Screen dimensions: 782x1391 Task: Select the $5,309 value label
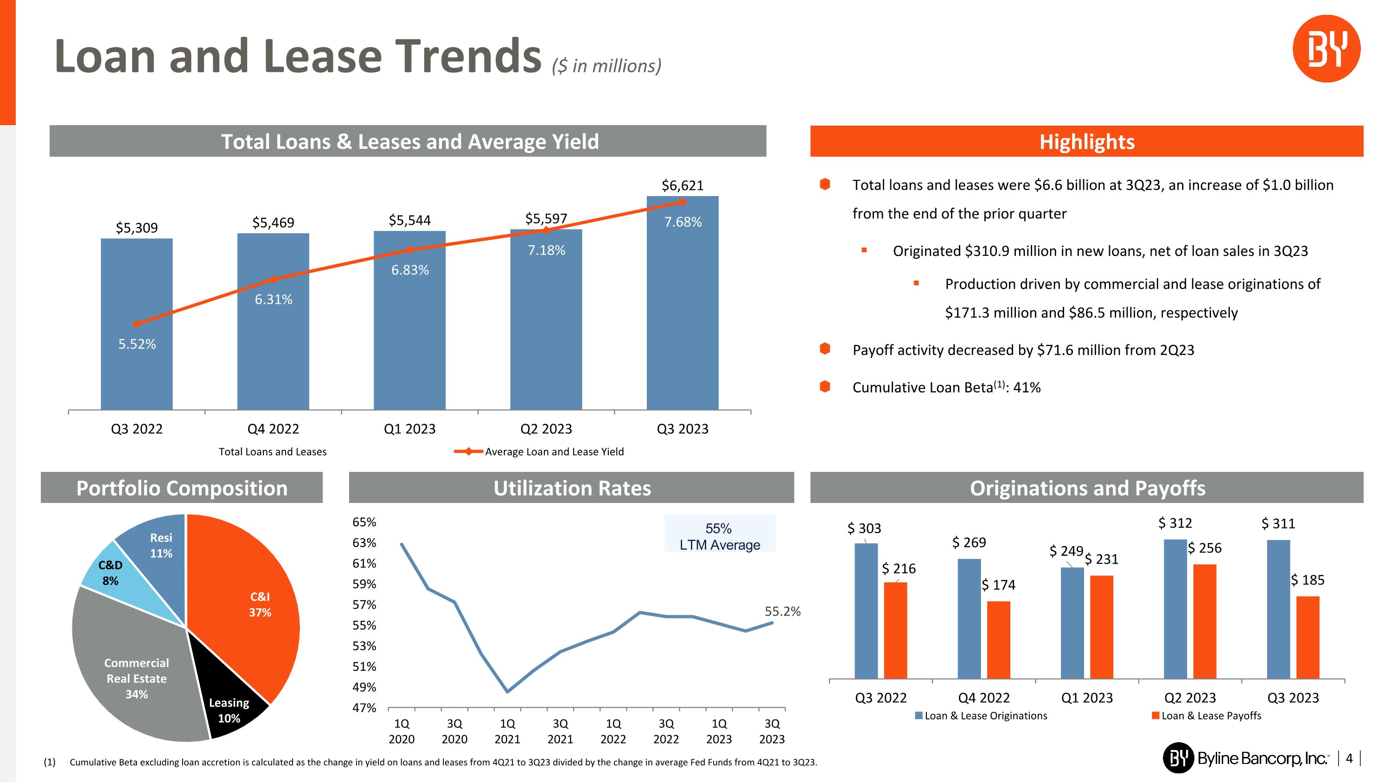pyautogui.click(x=137, y=228)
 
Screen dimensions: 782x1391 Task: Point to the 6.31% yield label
pyautogui.click(x=273, y=299)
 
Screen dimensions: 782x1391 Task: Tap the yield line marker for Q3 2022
pyautogui.click(x=137, y=324)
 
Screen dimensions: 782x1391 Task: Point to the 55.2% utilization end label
pyautogui.click(x=782, y=611)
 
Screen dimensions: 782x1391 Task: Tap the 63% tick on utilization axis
pyautogui.click(x=364, y=543)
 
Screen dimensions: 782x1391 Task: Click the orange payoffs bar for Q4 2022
pyautogui.click(x=998, y=640)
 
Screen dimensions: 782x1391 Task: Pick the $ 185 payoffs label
pyautogui.click(x=1307, y=580)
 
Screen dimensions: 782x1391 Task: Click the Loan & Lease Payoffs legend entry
pyautogui.click(x=1206, y=716)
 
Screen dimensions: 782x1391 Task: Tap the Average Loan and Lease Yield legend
pyautogui.click(x=540, y=451)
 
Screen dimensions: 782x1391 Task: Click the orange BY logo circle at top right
pyautogui.click(x=1326, y=49)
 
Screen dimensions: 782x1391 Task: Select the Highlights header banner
pyautogui.click(x=1086, y=141)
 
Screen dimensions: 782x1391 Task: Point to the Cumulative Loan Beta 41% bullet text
pyautogui.click(x=946, y=388)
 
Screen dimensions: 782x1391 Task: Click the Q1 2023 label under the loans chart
pyautogui.click(x=409, y=429)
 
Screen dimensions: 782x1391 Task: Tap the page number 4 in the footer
pyautogui.click(x=1349, y=758)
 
